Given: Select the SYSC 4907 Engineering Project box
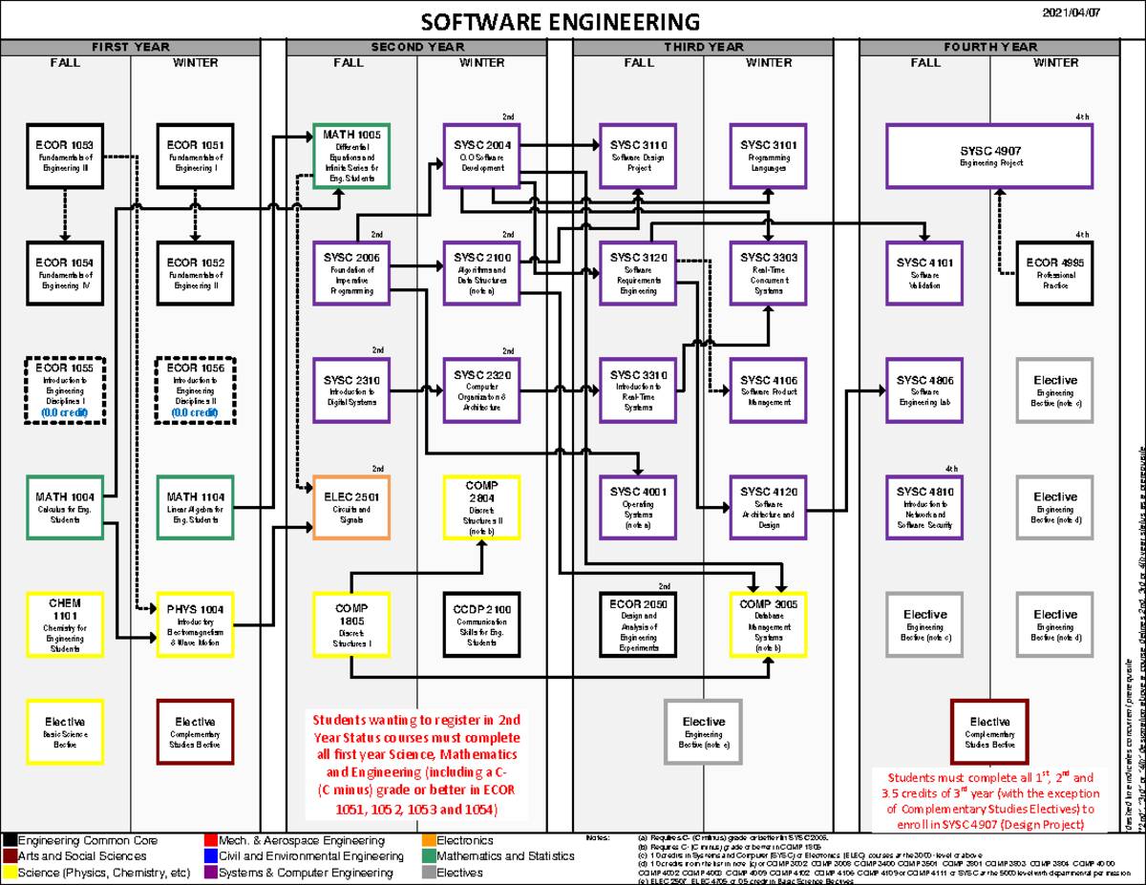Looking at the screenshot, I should [989, 156].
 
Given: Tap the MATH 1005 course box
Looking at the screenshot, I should [351, 156].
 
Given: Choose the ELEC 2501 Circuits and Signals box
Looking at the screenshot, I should [351, 507].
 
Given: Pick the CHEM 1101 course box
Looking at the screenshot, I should [65, 624].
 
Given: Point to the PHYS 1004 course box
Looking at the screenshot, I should [195, 624].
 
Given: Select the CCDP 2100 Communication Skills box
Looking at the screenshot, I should [482, 624].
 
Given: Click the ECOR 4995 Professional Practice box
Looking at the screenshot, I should [1054, 273].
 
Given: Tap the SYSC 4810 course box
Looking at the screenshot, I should [924, 507].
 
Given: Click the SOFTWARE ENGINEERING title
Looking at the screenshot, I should [561, 22].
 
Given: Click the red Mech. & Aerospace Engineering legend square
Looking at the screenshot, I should [212, 841].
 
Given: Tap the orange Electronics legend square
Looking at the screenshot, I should [429, 841].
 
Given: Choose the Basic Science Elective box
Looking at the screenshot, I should [65, 730].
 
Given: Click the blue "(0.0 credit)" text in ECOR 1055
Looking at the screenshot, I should [65, 412].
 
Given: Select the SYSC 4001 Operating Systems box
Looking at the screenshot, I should [638, 507].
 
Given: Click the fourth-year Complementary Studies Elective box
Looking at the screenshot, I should [989, 730].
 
